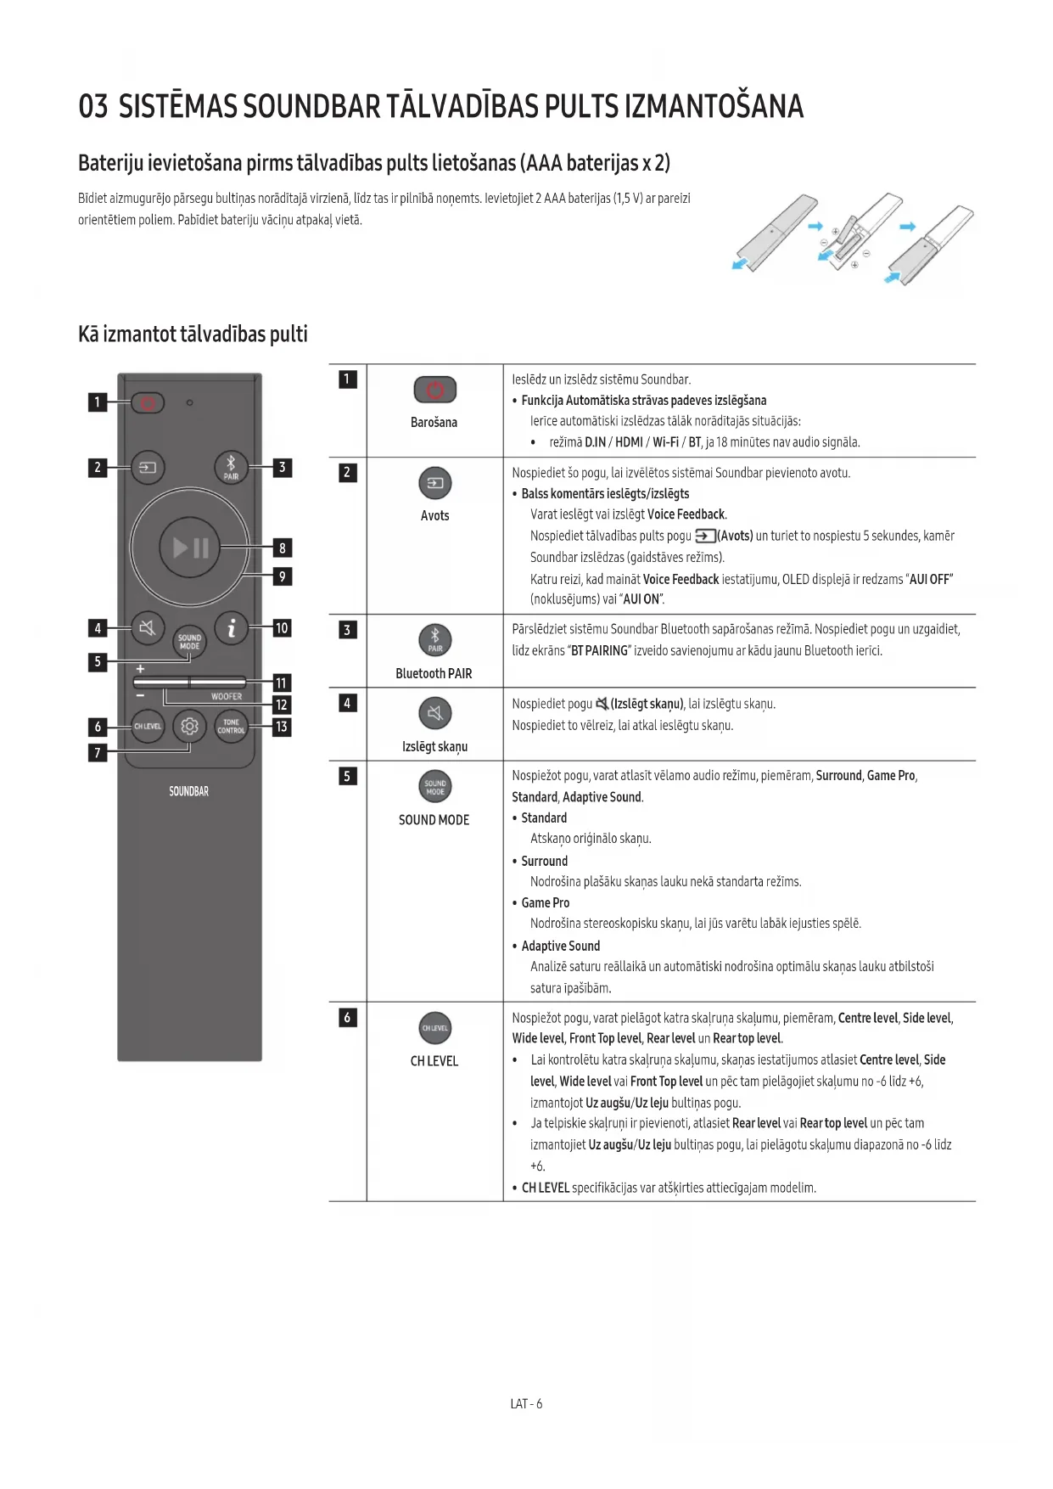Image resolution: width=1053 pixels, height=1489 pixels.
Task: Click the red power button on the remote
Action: (x=148, y=402)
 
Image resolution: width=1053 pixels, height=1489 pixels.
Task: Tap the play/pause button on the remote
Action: (x=190, y=548)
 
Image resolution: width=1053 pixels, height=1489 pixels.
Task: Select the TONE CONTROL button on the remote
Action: (x=231, y=727)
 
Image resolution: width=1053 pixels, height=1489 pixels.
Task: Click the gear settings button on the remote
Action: (x=189, y=727)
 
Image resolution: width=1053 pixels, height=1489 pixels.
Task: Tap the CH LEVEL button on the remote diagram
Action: (x=148, y=727)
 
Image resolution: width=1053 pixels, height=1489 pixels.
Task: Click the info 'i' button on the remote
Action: (x=231, y=628)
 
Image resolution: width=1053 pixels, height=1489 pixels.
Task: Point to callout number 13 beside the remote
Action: (x=282, y=727)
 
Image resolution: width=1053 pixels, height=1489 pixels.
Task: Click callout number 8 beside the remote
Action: (x=283, y=548)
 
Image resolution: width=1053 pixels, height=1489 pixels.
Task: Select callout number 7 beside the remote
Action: (x=98, y=752)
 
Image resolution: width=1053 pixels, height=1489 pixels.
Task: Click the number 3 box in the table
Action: (x=347, y=630)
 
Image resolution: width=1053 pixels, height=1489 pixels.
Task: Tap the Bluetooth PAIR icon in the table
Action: (x=435, y=640)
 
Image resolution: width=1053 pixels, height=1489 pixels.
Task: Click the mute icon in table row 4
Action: (x=435, y=713)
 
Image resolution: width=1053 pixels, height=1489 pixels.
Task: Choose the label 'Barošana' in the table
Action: (x=434, y=423)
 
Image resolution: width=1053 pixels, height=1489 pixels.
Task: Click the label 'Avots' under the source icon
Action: (x=434, y=516)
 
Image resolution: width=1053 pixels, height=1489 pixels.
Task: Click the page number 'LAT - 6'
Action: (x=526, y=1404)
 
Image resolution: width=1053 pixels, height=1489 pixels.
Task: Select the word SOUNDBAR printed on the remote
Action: (x=188, y=791)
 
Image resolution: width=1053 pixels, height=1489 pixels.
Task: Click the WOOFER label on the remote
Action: (x=227, y=697)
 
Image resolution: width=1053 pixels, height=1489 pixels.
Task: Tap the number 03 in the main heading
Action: (x=93, y=107)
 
